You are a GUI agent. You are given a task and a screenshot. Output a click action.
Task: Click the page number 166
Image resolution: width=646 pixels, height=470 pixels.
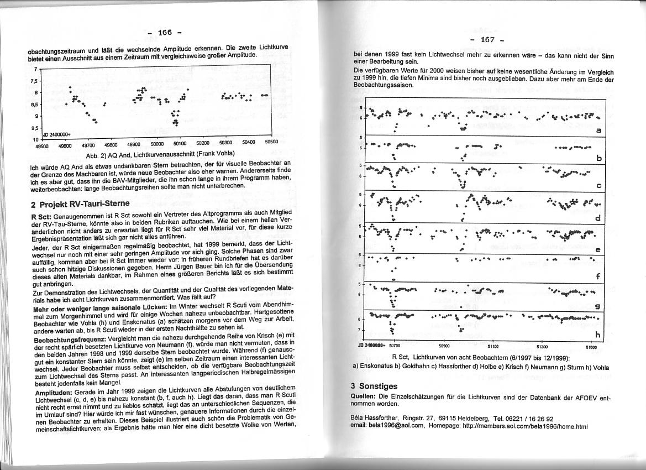pyautogui.click(x=165, y=33)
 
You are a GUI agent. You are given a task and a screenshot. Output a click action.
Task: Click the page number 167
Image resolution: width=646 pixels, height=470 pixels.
pyautogui.click(x=487, y=40)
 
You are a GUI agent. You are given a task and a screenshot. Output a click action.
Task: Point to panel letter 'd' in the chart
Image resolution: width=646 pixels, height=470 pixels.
pyautogui.click(x=598, y=218)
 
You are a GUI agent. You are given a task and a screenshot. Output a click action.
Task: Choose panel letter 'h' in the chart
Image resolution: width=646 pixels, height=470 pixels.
pyautogui.click(x=598, y=335)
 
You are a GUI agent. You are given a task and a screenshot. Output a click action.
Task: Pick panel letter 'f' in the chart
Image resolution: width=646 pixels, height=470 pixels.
pyautogui.click(x=598, y=276)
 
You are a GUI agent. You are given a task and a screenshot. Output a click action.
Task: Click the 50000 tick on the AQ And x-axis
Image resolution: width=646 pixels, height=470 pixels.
pyautogui.click(x=157, y=143)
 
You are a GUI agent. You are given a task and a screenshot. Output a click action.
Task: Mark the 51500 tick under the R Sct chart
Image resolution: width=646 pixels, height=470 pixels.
pyautogui.click(x=591, y=347)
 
